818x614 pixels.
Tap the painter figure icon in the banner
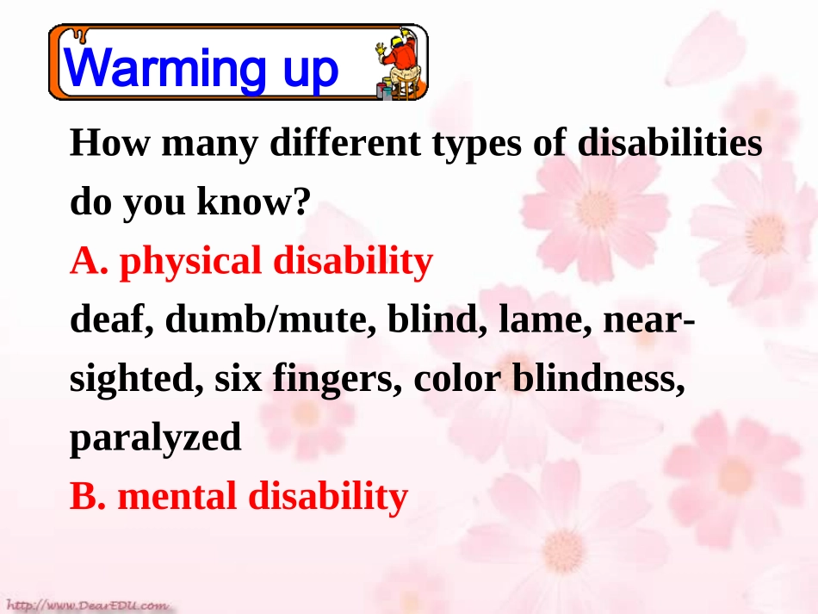coord(398,65)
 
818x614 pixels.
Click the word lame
coord(547,321)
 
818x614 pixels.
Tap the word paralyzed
coord(155,439)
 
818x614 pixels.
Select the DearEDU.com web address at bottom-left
coord(86,605)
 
